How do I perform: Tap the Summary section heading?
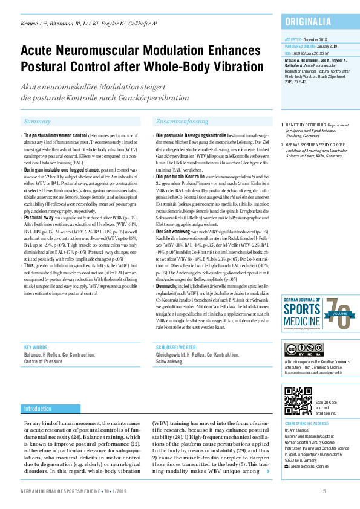click(38, 122)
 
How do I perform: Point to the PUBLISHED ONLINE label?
click(300, 45)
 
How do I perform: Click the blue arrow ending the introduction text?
click(267, 470)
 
